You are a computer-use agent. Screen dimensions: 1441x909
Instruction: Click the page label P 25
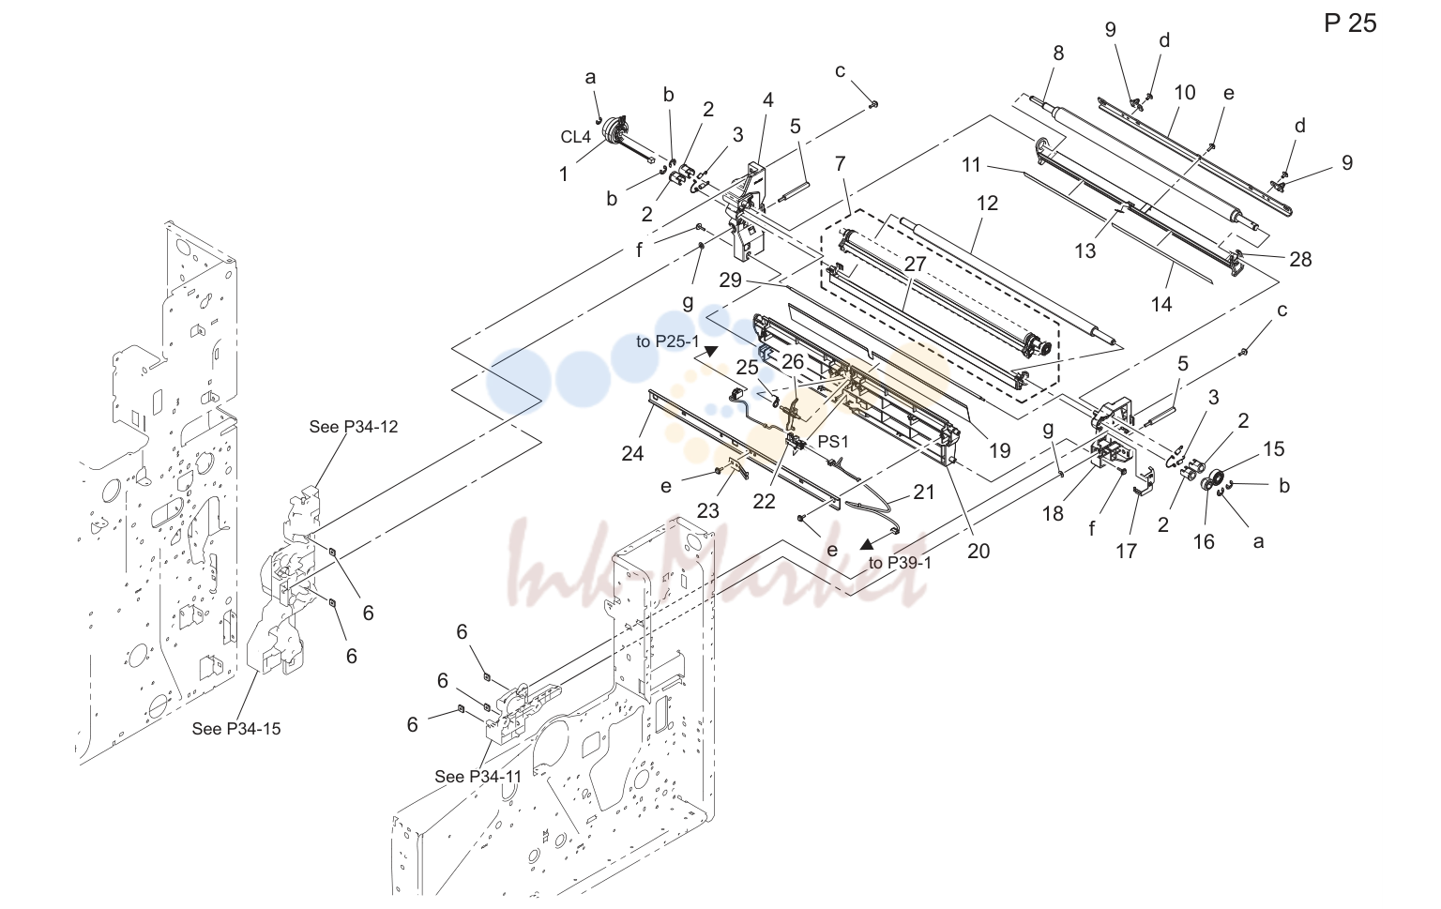[x=1350, y=23]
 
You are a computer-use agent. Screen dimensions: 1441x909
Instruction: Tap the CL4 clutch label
[x=575, y=137]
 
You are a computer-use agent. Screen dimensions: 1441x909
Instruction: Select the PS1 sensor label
[x=833, y=442]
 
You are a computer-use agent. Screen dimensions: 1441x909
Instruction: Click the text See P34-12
[x=353, y=427]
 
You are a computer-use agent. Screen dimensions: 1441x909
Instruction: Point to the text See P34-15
[x=236, y=729]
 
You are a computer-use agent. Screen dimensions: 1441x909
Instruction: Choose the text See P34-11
[x=478, y=777]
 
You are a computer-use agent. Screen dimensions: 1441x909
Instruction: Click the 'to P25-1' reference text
[x=667, y=342]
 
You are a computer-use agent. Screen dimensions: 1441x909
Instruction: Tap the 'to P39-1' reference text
[x=900, y=563]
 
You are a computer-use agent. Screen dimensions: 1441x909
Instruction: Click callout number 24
[x=632, y=453]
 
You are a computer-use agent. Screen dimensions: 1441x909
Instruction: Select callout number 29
[x=730, y=280]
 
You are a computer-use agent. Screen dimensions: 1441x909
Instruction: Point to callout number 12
[x=987, y=204]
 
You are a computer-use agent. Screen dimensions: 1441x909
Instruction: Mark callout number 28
[x=1300, y=259]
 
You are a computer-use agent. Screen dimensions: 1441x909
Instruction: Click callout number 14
[x=1161, y=304]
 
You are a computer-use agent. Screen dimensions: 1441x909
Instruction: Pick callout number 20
[x=978, y=551]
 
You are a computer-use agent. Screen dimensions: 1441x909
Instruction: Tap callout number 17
[x=1126, y=551]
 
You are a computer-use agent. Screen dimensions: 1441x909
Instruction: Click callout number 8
[x=1058, y=53]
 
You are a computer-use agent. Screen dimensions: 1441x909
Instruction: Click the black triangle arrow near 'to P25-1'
[x=711, y=351]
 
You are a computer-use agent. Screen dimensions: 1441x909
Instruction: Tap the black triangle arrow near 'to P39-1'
[x=868, y=545]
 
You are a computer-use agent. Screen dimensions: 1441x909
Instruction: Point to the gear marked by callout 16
[x=1215, y=480]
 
